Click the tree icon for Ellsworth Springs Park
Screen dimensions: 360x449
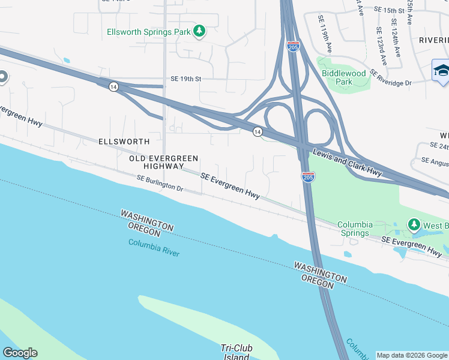coord(199,31)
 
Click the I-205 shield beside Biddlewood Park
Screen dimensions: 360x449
coord(293,47)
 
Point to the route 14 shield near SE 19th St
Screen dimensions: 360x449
coord(113,87)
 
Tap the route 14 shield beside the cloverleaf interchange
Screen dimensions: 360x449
coord(257,131)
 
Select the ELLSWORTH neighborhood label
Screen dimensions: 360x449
coord(124,142)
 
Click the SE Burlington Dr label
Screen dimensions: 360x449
coord(160,183)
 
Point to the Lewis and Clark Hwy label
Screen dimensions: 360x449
coord(347,163)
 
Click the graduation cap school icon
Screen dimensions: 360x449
coord(441,70)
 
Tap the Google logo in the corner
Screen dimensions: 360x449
coord(20,353)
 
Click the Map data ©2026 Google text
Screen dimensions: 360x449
coord(412,355)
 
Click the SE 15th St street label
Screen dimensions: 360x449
coord(390,11)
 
